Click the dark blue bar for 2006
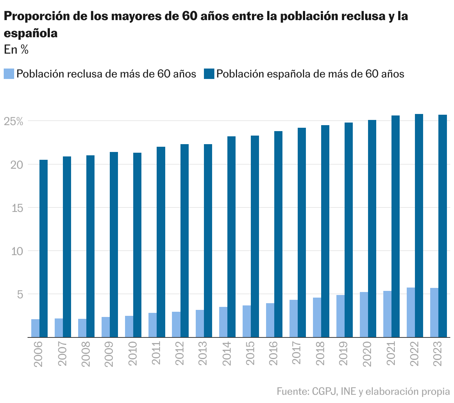click(x=44, y=248)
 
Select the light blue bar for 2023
click(x=434, y=312)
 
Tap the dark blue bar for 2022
click(x=419, y=225)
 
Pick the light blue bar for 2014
click(x=223, y=322)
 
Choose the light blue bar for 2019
click(x=340, y=316)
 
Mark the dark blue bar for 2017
click(x=301, y=232)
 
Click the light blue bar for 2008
click(x=82, y=328)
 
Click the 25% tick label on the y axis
click(x=14, y=121)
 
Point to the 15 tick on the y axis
click(x=17, y=208)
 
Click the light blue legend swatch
click(x=9, y=73)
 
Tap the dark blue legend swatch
click(x=209, y=73)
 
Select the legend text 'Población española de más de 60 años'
click(x=310, y=74)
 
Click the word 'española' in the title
click(x=31, y=33)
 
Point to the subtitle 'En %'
click(x=16, y=50)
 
